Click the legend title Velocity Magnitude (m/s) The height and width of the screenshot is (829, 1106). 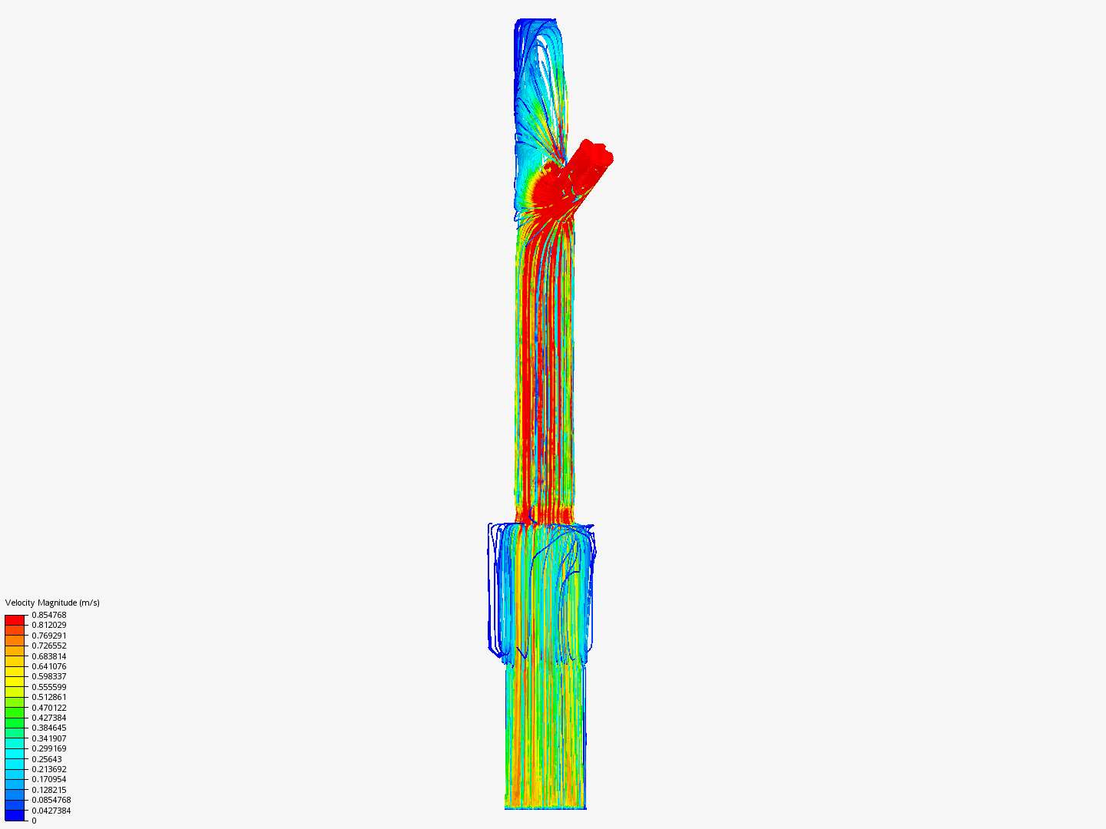[52, 603]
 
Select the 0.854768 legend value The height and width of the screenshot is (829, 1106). [49, 615]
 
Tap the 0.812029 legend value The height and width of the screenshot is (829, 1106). [49, 625]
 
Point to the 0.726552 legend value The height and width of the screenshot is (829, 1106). [49, 646]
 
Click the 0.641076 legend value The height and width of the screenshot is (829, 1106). [49, 666]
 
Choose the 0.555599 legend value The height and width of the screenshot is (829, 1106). [49, 687]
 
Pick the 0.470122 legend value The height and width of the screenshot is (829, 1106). [49, 708]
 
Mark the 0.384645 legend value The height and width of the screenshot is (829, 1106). [49, 728]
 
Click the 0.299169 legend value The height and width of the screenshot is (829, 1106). [49, 748]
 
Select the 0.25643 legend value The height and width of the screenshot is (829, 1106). [47, 759]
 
